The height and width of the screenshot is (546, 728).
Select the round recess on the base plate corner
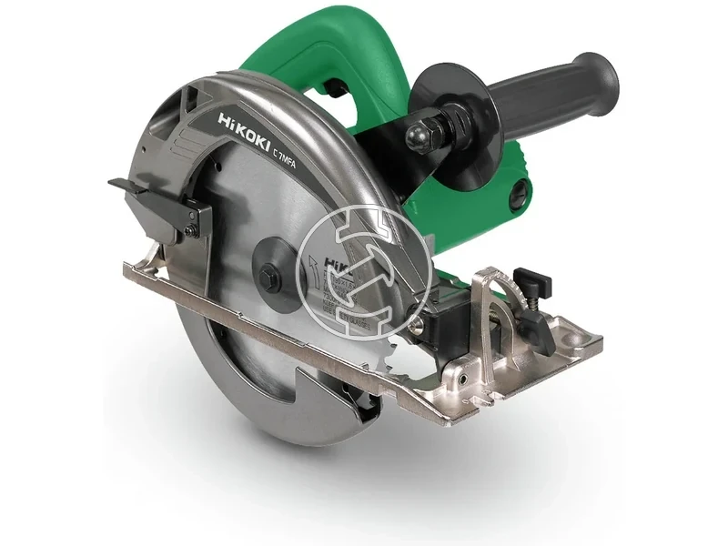pyautogui.click(x=573, y=339)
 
